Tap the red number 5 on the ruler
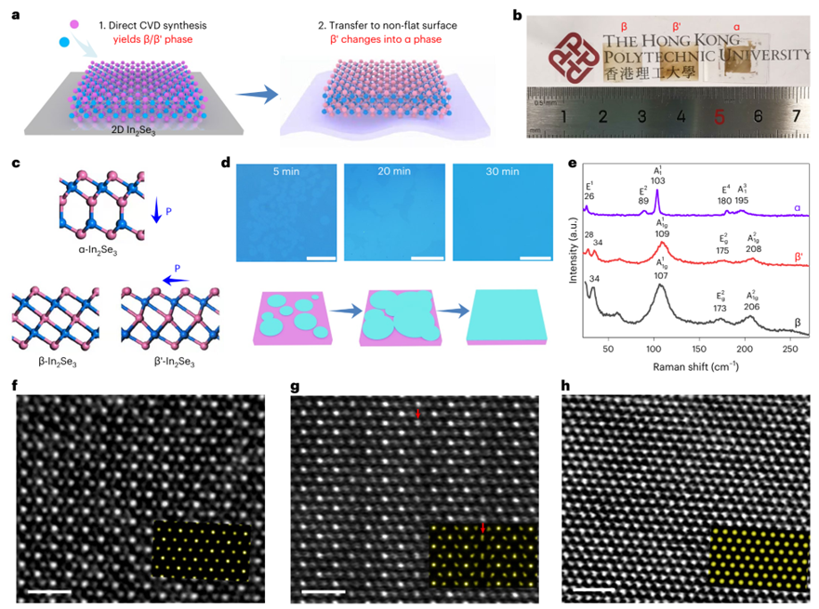719,117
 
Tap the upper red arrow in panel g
418,413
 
